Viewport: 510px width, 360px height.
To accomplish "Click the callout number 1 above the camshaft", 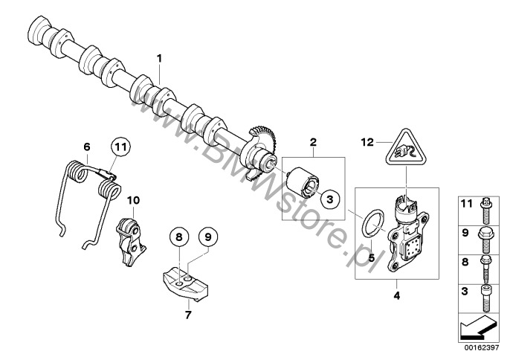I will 158,57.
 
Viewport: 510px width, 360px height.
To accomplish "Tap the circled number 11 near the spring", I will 121,147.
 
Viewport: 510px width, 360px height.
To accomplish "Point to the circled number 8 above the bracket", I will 178,237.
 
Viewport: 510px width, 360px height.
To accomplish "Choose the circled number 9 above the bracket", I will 208,237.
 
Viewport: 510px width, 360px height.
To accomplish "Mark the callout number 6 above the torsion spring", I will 86,146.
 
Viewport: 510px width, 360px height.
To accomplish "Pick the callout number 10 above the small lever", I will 133,200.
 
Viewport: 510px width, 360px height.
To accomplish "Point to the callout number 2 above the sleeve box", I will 314,141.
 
